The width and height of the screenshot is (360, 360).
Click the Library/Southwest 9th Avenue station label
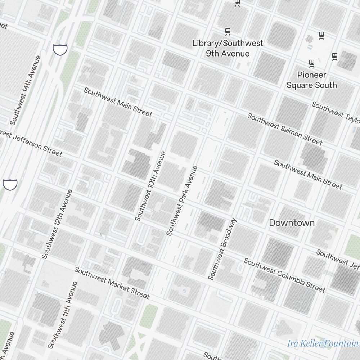[228, 48]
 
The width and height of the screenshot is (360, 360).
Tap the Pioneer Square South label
[311, 80]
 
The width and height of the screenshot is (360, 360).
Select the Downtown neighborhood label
[292, 223]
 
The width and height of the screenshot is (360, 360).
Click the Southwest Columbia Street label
[284, 275]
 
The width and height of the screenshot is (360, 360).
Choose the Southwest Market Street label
[112, 283]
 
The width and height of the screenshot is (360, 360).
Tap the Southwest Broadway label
[222, 249]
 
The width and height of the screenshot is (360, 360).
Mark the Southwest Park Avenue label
[182, 201]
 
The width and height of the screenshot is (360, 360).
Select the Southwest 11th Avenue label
[63, 315]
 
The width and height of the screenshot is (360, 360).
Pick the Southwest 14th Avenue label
[25, 90]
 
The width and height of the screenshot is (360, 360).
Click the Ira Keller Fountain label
[323, 343]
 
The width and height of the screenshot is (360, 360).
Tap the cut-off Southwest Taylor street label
[336, 112]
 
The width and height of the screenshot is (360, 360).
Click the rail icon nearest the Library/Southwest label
[228, 32]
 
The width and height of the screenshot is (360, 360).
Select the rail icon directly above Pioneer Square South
[312, 63]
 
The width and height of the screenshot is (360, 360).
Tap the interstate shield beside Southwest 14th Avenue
[60, 49]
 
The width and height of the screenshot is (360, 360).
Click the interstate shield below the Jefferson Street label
[10, 184]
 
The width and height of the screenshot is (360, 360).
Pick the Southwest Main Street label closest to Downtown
[308, 175]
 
